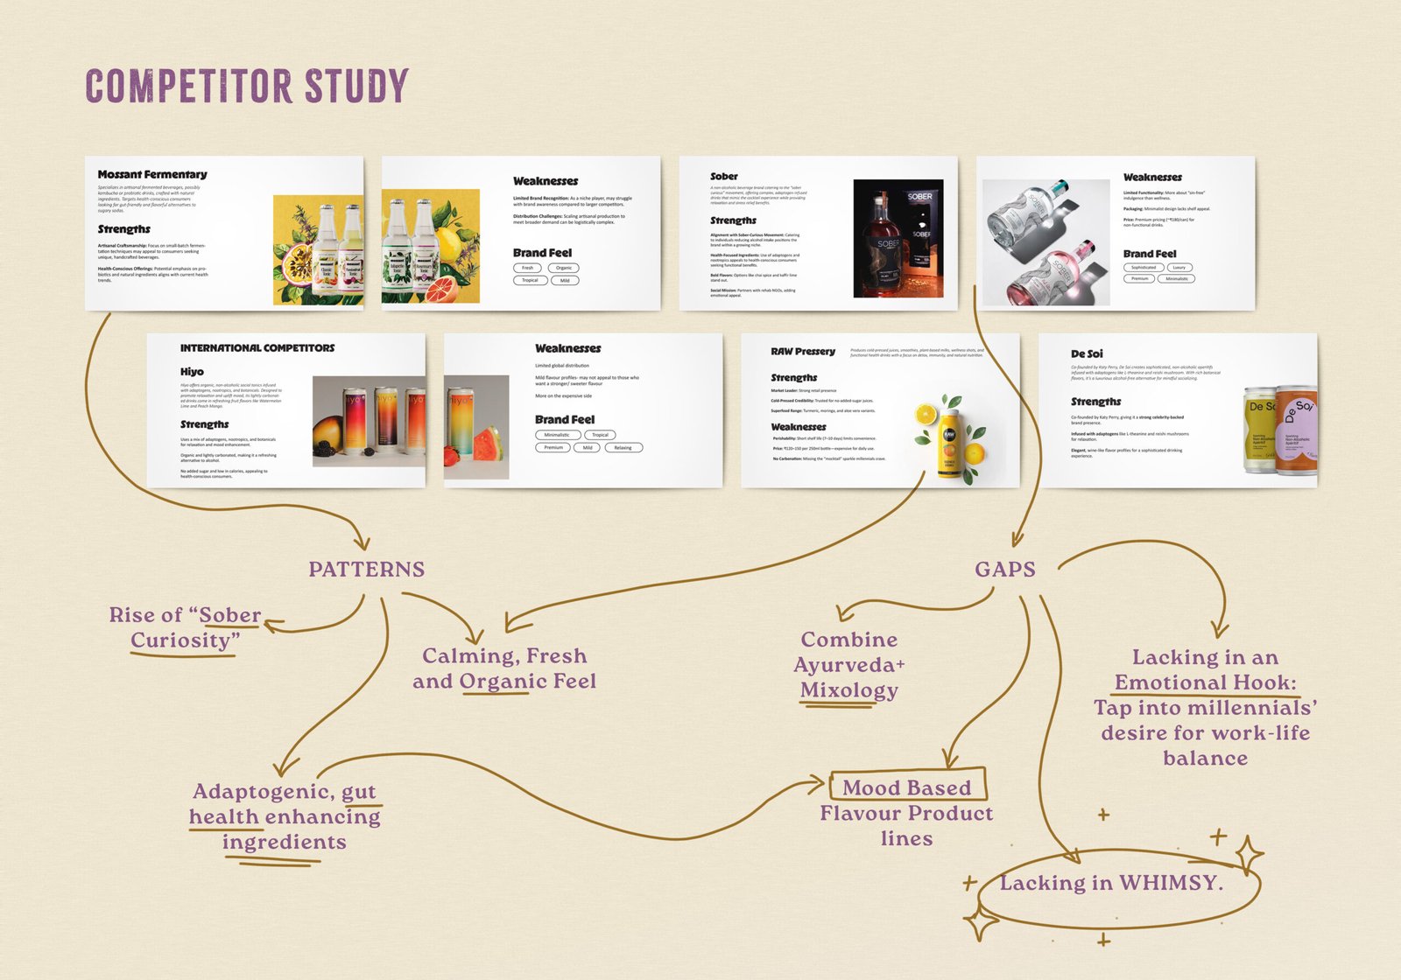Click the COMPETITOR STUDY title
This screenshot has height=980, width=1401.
point(247,86)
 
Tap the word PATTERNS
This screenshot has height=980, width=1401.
point(366,570)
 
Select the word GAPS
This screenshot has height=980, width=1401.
point(1005,570)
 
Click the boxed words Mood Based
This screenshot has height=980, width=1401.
point(906,787)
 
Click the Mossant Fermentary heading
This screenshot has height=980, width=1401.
point(152,174)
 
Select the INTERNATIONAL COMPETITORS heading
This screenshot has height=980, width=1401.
point(257,347)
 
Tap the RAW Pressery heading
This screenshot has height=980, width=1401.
point(803,351)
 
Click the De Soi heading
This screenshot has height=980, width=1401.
point(1087,353)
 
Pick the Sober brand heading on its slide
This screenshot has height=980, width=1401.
point(723,176)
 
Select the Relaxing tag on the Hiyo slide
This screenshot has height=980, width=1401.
point(623,447)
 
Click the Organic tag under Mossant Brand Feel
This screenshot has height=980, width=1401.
point(564,268)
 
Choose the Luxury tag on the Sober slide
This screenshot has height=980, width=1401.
point(1179,267)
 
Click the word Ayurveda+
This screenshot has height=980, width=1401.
point(849,665)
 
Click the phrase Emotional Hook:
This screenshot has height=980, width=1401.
point(1205,682)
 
